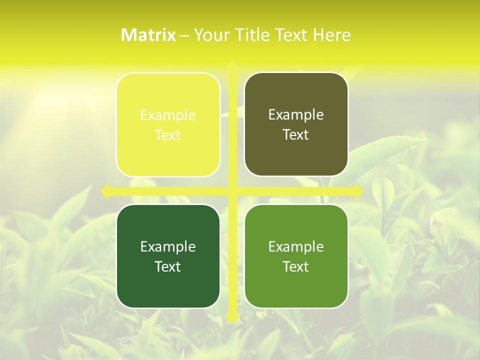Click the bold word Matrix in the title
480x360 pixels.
pyautogui.click(x=148, y=35)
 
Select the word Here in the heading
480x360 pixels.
pyautogui.click(x=332, y=35)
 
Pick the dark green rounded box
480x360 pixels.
pyautogui.click(x=168, y=285)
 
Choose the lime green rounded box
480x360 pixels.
pyautogui.click(x=296, y=285)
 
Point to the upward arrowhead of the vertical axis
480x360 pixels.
pyautogui.click(x=232, y=65)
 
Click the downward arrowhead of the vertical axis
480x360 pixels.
pyautogui.click(x=232, y=318)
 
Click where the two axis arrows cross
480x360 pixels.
pyautogui.click(x=232, y=191)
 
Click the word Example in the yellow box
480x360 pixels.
pyautogui.click(x=168, y=115)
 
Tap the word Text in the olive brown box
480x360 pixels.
pyautogui.click(x=296, y=135)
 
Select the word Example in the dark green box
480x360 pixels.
pyautogui.click(x=168, y=246)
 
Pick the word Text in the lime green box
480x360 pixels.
pyautogui.click(x=296, y=266)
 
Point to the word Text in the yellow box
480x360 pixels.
pyautogui.click(x=168, y=135)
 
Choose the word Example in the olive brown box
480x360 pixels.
pyautogui.click(x=296, y=115)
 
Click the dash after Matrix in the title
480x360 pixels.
pyautogui.click(x=184, y=35)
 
